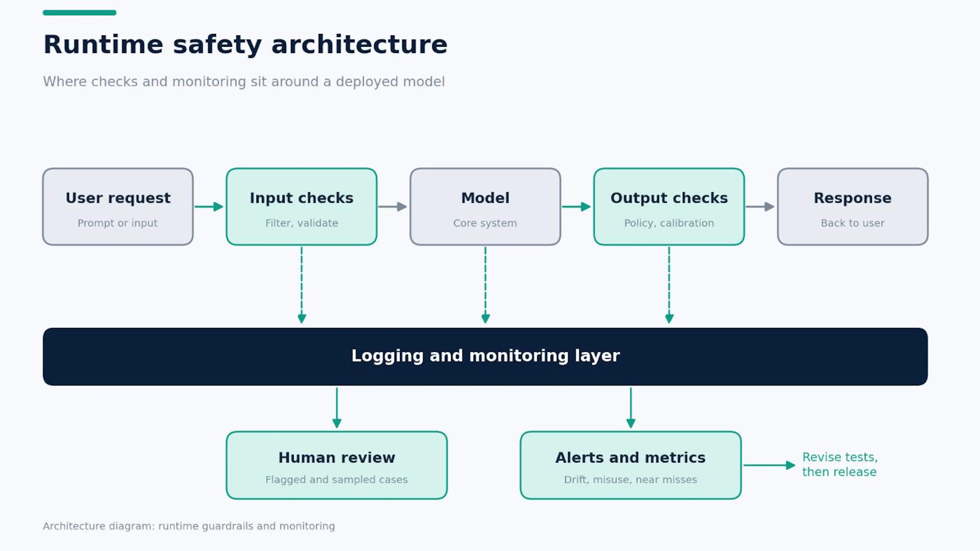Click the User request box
(x=118, y=207)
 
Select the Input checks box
(x=302, y=207)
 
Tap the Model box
(x=485, y=207)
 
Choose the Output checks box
(x=669, y=207)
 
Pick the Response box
(x=853, y=207)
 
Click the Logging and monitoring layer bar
(x=485, y=357)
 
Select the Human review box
(x=337, y=465)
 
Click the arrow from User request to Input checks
(x=209, y=207)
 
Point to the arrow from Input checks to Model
(x=393, y=207)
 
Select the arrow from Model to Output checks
(x=576, y=207)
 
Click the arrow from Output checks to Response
(x=760, y=207)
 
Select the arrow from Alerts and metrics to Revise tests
(x=769, y=465)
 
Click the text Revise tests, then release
(x=840, y=464)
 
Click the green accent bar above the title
(x=80, y=13)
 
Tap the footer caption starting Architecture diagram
(x=189, y=526)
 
